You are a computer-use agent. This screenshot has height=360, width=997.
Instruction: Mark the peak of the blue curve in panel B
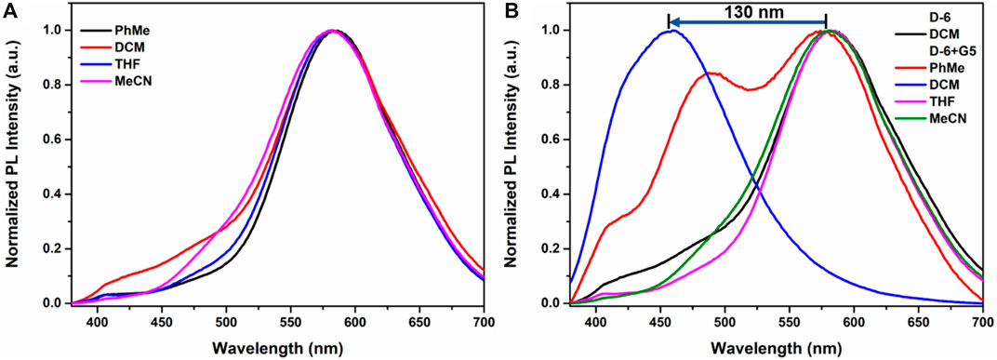(x=670, y=31)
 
